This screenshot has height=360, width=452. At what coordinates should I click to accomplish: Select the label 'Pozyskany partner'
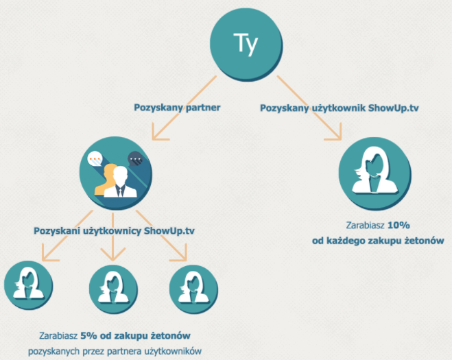(173, 106)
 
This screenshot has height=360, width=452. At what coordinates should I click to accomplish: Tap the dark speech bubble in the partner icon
(138, 160)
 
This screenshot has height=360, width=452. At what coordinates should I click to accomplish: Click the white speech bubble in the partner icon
(93, 160)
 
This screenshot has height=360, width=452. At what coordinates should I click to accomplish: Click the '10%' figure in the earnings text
(399, 224)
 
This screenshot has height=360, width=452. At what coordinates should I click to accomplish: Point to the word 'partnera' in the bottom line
(123, 351)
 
